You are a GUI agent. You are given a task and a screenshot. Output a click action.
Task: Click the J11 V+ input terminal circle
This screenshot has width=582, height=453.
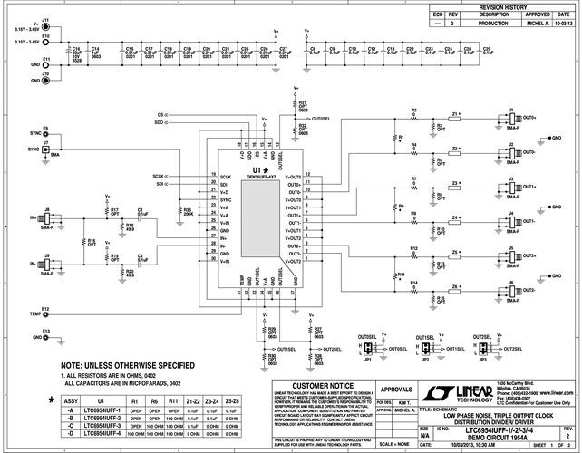(x=45, y=24)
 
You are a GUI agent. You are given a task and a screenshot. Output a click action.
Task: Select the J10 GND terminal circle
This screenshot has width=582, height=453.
(x=45, y=81)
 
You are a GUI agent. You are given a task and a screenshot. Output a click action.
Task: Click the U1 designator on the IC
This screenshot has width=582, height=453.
(x=257, y=169)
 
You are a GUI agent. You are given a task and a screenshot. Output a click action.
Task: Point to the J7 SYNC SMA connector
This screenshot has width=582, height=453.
(x=45, y=149)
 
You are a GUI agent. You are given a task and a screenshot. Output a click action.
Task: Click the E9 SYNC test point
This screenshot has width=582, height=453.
(x=45, y=133)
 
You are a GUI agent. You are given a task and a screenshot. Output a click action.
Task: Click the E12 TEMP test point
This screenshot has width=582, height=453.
(x=45, y=313)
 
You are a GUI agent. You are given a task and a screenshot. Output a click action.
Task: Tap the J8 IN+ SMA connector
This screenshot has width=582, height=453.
(x=45, y=218)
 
